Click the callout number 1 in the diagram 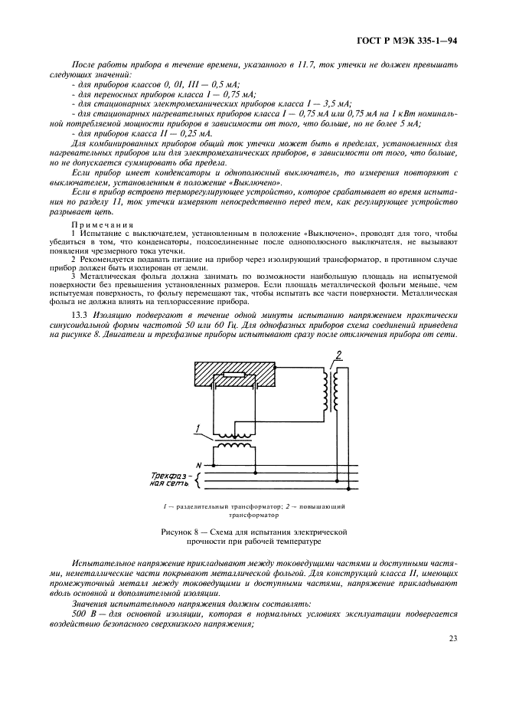click(x=198, y=428)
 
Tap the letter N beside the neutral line click(x=199, y=465)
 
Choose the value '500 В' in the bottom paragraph click(x=83, y=614)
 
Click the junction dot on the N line click(x=214, y=465)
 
